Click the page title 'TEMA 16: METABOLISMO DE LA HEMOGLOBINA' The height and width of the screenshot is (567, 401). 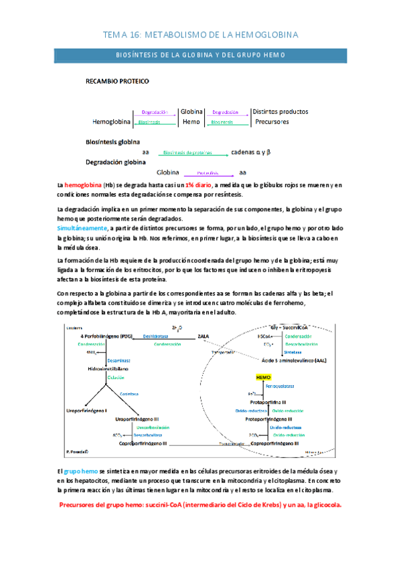click(x=201, y=33)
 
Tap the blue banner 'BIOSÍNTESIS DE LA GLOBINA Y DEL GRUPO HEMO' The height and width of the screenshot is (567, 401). click(x=200, y=55)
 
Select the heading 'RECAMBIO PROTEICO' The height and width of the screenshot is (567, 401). click(x=117, y=82)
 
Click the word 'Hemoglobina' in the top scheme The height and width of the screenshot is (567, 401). click(x=111, y=123)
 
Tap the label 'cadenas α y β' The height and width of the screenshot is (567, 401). click(x=250, y=152)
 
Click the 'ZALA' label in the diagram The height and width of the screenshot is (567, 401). click(x=204, y=336)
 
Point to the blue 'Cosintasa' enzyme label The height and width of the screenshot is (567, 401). click(x=129, y=394)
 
